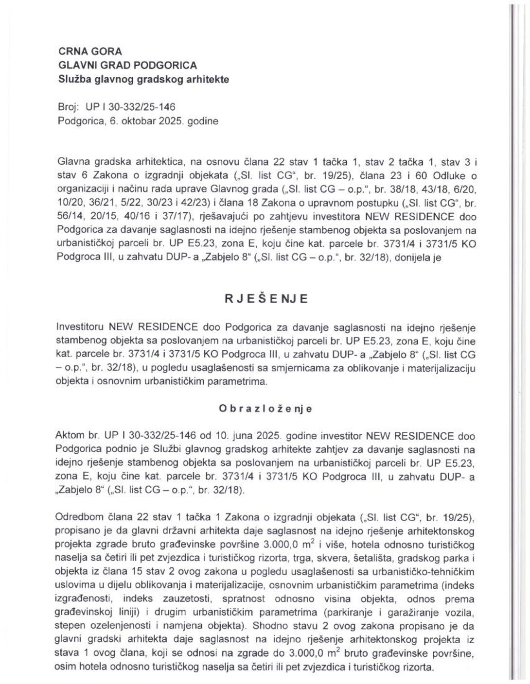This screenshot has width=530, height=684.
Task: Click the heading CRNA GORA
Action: (90, 51)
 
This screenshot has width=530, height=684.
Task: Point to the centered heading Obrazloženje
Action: (265, 409)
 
